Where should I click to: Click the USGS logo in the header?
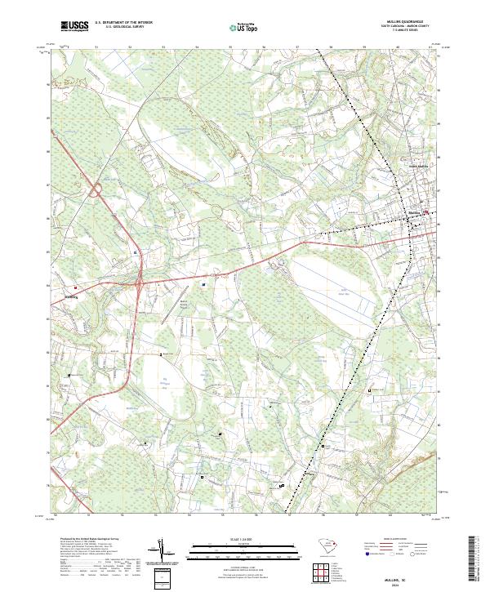(x=74, y=27)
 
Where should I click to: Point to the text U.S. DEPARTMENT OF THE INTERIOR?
(x=123, y=23)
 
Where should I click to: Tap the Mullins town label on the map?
(x=414, y=211)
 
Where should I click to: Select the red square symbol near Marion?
(x=76, y=287)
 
